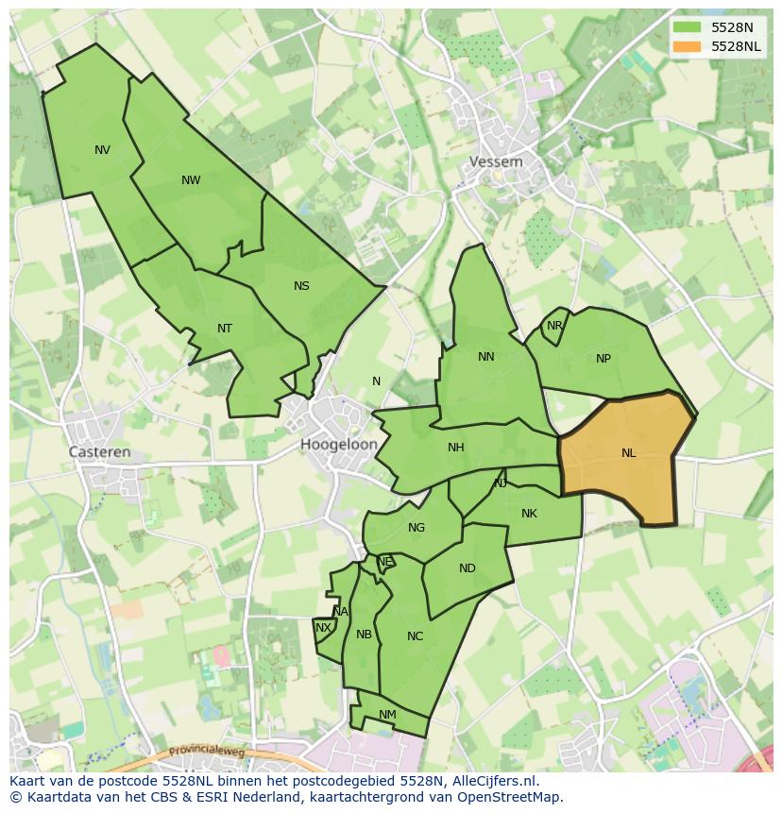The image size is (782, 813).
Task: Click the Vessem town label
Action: (x=496, y=161)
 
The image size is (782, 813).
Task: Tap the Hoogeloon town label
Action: (x=339, y=444)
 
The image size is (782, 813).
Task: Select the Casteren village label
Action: (x=99, y=452)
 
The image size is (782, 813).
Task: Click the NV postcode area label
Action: (x=102, y=150)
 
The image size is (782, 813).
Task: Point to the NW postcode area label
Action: (x=191, y=180)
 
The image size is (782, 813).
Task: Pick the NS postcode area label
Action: (x=301, y=286)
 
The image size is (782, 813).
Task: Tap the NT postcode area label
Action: (x=225, y=329)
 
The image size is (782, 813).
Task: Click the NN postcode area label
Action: (x=486, y=357)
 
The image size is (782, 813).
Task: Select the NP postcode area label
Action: (x=603, y=358)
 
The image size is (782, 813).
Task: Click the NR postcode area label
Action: (x=554, y=326)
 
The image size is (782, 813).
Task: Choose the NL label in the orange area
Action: (x=629, y=453)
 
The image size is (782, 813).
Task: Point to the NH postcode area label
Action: (x=456, y=448)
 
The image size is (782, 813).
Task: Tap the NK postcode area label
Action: (x=529, y=514)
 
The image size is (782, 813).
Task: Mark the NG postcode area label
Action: (x=416, y=528)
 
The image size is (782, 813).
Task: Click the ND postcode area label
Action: (x=467, y=568)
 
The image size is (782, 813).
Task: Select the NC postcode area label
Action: (x=416, y=636)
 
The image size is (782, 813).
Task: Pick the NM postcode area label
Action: (x=387, y=715)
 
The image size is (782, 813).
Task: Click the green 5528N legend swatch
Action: (x=687, y=27)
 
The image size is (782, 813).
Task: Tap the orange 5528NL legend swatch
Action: (x=687, y=46)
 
